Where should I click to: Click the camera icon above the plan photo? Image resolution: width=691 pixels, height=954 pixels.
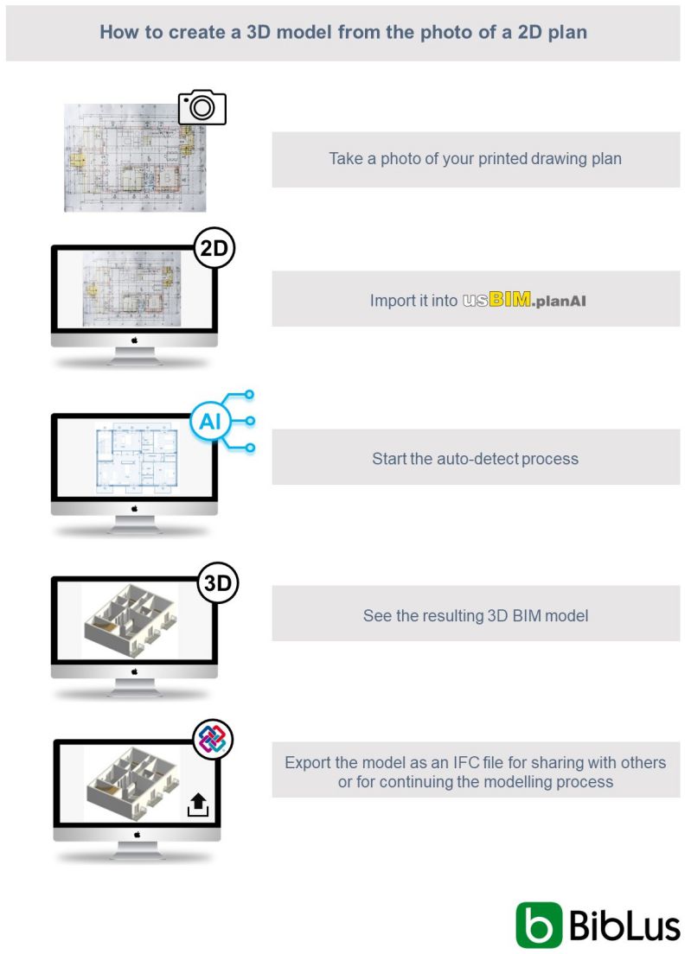pyautogui.click(x=202, y=107)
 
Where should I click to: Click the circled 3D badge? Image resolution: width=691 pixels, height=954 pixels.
pyautogui.click(x=217, y=584)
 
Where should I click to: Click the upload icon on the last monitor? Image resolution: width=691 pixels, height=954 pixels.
pyautogui.click(x=198, y=805)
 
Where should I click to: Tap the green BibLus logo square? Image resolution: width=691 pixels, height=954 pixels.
pyautogui.click(x=539, y=925)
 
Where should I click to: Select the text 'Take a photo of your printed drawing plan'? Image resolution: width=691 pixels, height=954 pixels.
pyautogui.click(x=475, y=159)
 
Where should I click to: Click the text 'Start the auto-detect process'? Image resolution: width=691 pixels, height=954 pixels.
pyautogui.click(x=475, y=458)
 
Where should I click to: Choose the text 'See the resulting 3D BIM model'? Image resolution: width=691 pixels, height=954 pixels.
pyautogui.click(x=475, y=616)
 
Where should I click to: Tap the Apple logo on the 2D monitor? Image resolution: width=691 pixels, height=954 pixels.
pyautogui.click(x=134, y=340)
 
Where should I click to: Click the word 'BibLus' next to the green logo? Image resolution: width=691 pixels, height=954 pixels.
pyautogui.click(x=624, y=925)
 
